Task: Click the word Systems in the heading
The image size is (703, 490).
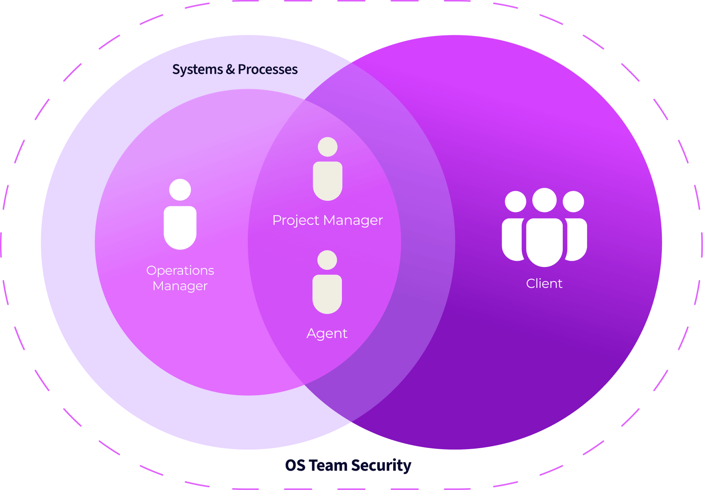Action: (x=197, y=70)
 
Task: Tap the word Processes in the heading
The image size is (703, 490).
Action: (x=267, y=70)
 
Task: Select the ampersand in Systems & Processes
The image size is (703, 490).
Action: (x=230, y=69)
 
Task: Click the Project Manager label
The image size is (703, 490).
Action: (x=327, y=220)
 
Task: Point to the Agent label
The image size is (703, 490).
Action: (x=327, y=333)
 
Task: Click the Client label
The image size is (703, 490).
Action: (x=544, y=284)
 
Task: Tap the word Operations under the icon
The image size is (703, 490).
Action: (x=180, y=271)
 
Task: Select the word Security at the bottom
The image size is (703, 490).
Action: (x=381, y=465)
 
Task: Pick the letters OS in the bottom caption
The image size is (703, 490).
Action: (x=295, y=465)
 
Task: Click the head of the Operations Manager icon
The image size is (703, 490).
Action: (x=180, y=190)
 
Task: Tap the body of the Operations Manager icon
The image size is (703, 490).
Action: (x=180, y=227)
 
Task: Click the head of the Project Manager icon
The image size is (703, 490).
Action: (x=328, y=147)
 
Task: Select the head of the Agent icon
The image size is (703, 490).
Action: (x=327, y=260)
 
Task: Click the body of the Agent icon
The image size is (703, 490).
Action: (x=327, y=293)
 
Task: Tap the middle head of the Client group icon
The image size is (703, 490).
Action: (x=544, y=200)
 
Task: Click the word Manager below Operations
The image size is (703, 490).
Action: (x=180, y=286)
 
